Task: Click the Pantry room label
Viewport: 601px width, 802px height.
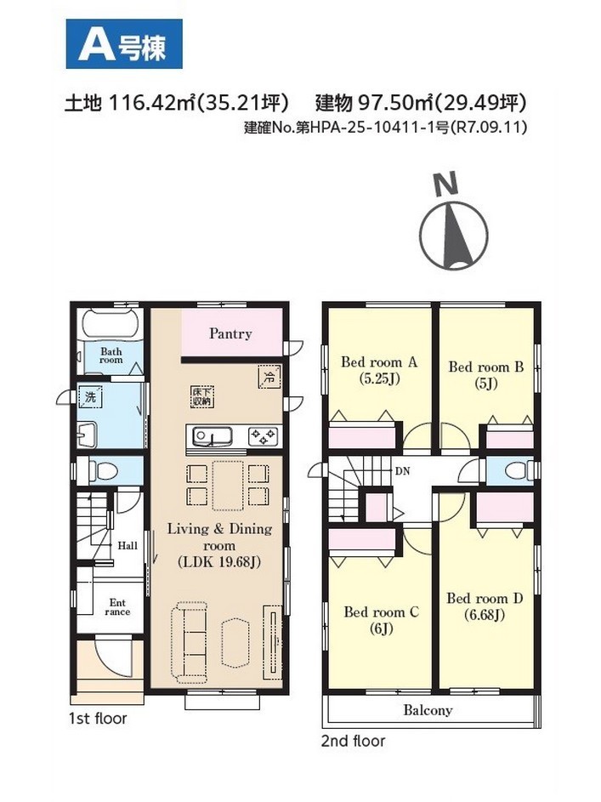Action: [230, 334]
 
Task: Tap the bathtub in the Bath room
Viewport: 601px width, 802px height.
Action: [109, 325]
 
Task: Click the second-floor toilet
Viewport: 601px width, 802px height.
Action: [518, 470]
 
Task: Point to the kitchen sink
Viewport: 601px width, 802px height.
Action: [212, 437]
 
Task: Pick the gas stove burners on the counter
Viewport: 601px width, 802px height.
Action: [264, 437]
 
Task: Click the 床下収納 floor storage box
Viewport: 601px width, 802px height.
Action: [201, 396]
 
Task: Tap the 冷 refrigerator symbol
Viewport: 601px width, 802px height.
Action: [269, 378]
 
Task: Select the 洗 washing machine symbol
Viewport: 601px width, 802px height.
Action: [91, 397]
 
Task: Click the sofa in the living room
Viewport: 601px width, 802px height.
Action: [190, 642]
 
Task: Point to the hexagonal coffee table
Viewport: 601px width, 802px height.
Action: [235, 642]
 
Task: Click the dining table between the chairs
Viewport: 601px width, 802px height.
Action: [228, 486]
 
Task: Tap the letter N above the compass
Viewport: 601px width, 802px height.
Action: [445, 185]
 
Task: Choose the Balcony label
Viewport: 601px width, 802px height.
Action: [428, 710]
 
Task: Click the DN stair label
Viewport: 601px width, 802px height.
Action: [403, 471]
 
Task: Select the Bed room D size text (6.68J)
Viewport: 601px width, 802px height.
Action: [485, 614]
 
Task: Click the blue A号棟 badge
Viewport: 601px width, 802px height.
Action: [124, 44]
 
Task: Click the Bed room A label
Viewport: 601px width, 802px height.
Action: [379, 362]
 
